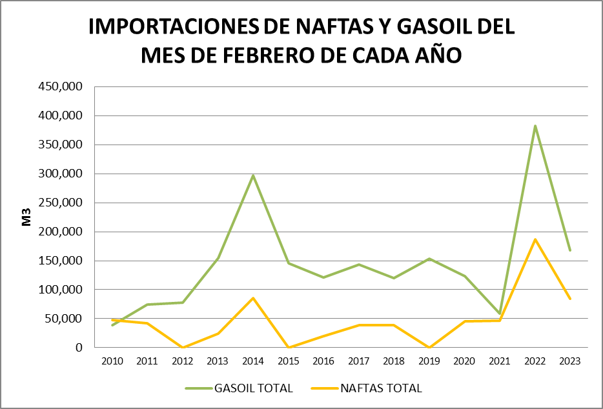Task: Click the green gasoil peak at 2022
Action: (x=535, y=126)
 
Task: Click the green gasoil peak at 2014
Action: (x=253, y=175)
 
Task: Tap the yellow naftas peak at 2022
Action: (x=535, y=239)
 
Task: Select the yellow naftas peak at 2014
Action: (x=253, y=298)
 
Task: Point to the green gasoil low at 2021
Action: (x=500, y=314)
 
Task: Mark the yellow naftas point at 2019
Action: (x=429, y=347)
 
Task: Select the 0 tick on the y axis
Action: (x=79, y=348)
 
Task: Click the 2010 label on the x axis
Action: (x=112, y=361)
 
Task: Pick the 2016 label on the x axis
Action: (x=323, y=361)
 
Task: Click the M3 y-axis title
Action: (x=28, y=217)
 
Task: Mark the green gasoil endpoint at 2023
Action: (x=570, y=250)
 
